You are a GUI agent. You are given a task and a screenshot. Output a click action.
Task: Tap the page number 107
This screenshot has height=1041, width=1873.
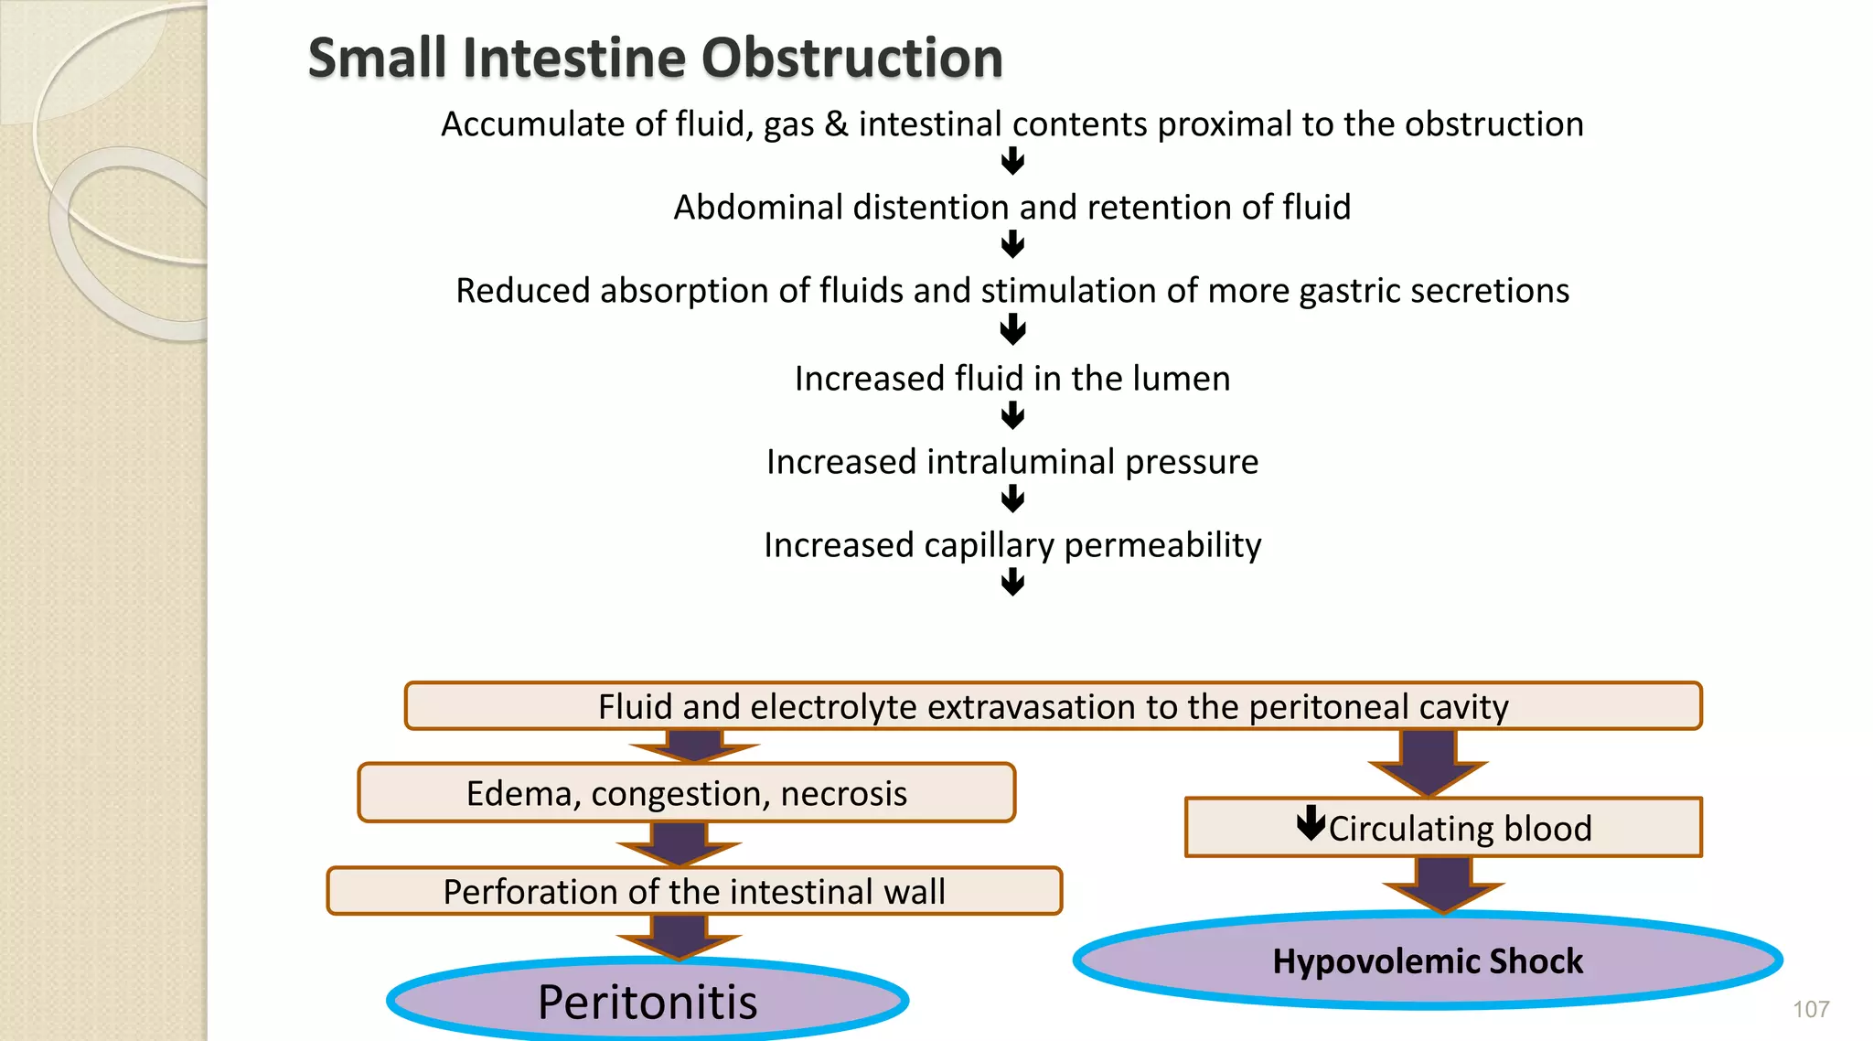click(x=1810, y=1009)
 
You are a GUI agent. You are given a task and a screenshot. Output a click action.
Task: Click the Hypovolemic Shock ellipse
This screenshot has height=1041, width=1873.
click(x=1427, y=961)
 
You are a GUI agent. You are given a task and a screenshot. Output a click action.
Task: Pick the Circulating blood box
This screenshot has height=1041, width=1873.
click(x=1443, y=828)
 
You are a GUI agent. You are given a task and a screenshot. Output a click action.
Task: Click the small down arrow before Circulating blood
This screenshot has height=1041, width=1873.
click(x=1311, y=822)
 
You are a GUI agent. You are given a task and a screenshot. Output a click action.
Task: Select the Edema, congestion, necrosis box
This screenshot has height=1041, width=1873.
click(x=686, y=793)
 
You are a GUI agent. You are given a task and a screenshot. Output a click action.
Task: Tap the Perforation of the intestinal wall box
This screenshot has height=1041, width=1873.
click(x=694, y=891)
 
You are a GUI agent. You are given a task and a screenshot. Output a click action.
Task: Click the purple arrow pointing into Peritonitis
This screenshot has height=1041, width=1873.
click(x=679, y=937)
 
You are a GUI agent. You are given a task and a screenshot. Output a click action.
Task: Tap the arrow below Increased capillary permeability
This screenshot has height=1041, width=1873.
click(x=1012, y=582)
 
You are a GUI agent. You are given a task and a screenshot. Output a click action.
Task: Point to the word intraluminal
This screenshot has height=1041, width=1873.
click(x=1021, y=462)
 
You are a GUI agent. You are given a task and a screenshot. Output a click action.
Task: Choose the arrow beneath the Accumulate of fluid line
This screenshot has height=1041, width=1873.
click(x=1012, y=162)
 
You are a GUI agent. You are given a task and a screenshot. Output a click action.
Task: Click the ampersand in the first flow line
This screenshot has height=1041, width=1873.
click(x=836, y=124)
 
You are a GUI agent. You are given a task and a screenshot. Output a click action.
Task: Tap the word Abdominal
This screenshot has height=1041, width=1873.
click(x=758, y=208)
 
